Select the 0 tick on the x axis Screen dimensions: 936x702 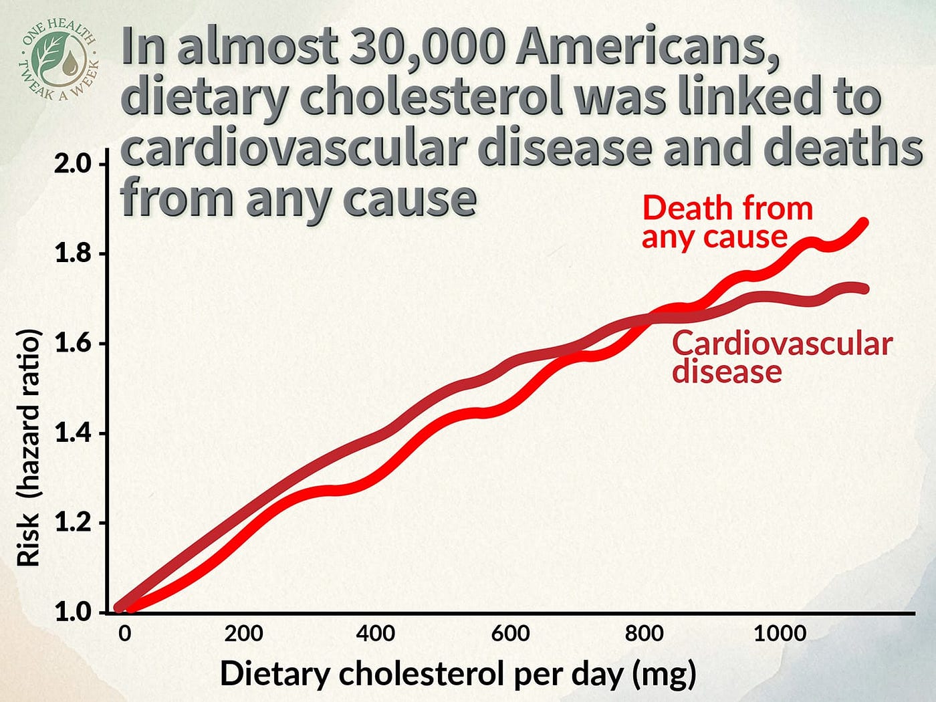pos(124,633)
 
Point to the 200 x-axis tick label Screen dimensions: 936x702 pos(243,633)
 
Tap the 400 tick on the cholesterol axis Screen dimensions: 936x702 pos(375,633)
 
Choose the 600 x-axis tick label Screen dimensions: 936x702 pos(510,633)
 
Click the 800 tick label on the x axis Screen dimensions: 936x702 pos(644,633)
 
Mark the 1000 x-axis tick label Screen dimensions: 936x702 pos(780,633)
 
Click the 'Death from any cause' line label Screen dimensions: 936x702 pos(727,222)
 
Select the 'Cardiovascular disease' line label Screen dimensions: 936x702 pos(782,357)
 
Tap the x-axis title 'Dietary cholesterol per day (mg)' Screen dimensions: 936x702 pos(458,674)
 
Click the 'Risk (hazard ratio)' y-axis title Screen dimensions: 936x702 pos(29,447)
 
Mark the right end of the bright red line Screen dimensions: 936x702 pos(864,223)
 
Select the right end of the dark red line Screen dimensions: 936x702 pos(864,289)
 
